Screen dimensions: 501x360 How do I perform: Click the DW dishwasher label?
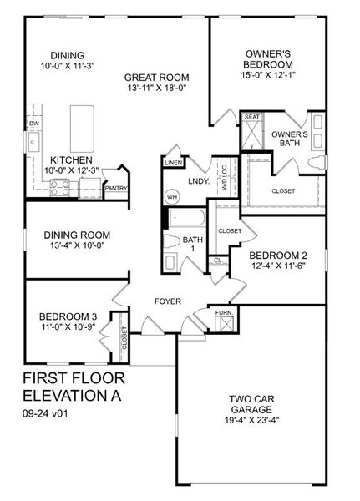(x=34, y=124)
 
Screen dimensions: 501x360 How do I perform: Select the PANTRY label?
(x=115, y=189)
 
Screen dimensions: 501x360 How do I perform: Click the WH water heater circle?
(x=173, y=197)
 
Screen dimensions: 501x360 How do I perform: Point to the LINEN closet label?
(x=173, y=163)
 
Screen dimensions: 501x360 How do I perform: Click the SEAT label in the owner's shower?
(x=252, y=118)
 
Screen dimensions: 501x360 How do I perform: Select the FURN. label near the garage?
(x=224, y=313)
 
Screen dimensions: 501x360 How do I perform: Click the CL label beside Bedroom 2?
(x=218, y=261)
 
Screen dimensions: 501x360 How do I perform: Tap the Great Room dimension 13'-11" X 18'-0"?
(x=159, y=87)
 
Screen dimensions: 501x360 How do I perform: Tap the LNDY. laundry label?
(x=198, y=180)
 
